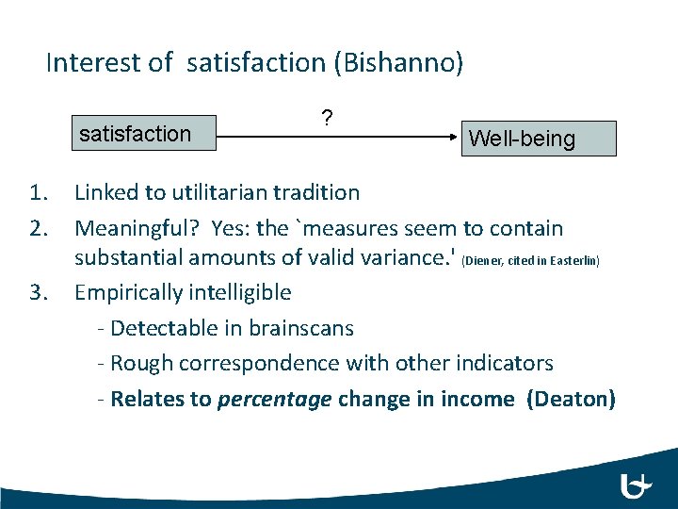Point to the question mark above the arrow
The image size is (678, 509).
tap(326, 119)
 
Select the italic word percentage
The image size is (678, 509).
tap(274, 399)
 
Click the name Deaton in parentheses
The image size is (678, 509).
tap(571, 399)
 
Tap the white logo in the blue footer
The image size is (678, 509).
tap(637, 485)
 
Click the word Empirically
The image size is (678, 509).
tap(128, 292)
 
